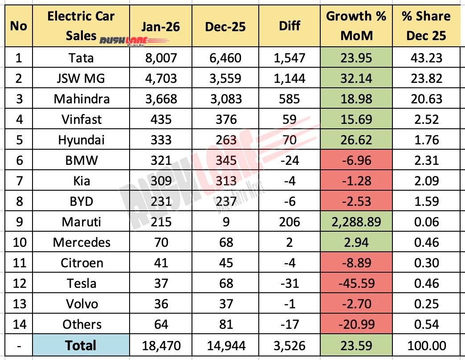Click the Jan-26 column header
coord(160,27)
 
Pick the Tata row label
coord(82,58)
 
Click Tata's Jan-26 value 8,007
coord(160,58)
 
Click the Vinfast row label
coord(82,119)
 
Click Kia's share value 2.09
coord(426,181)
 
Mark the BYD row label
coord(82,201)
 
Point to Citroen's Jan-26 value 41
coord(160,263)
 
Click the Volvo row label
coord(82,304)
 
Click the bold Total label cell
coord(82,345)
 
